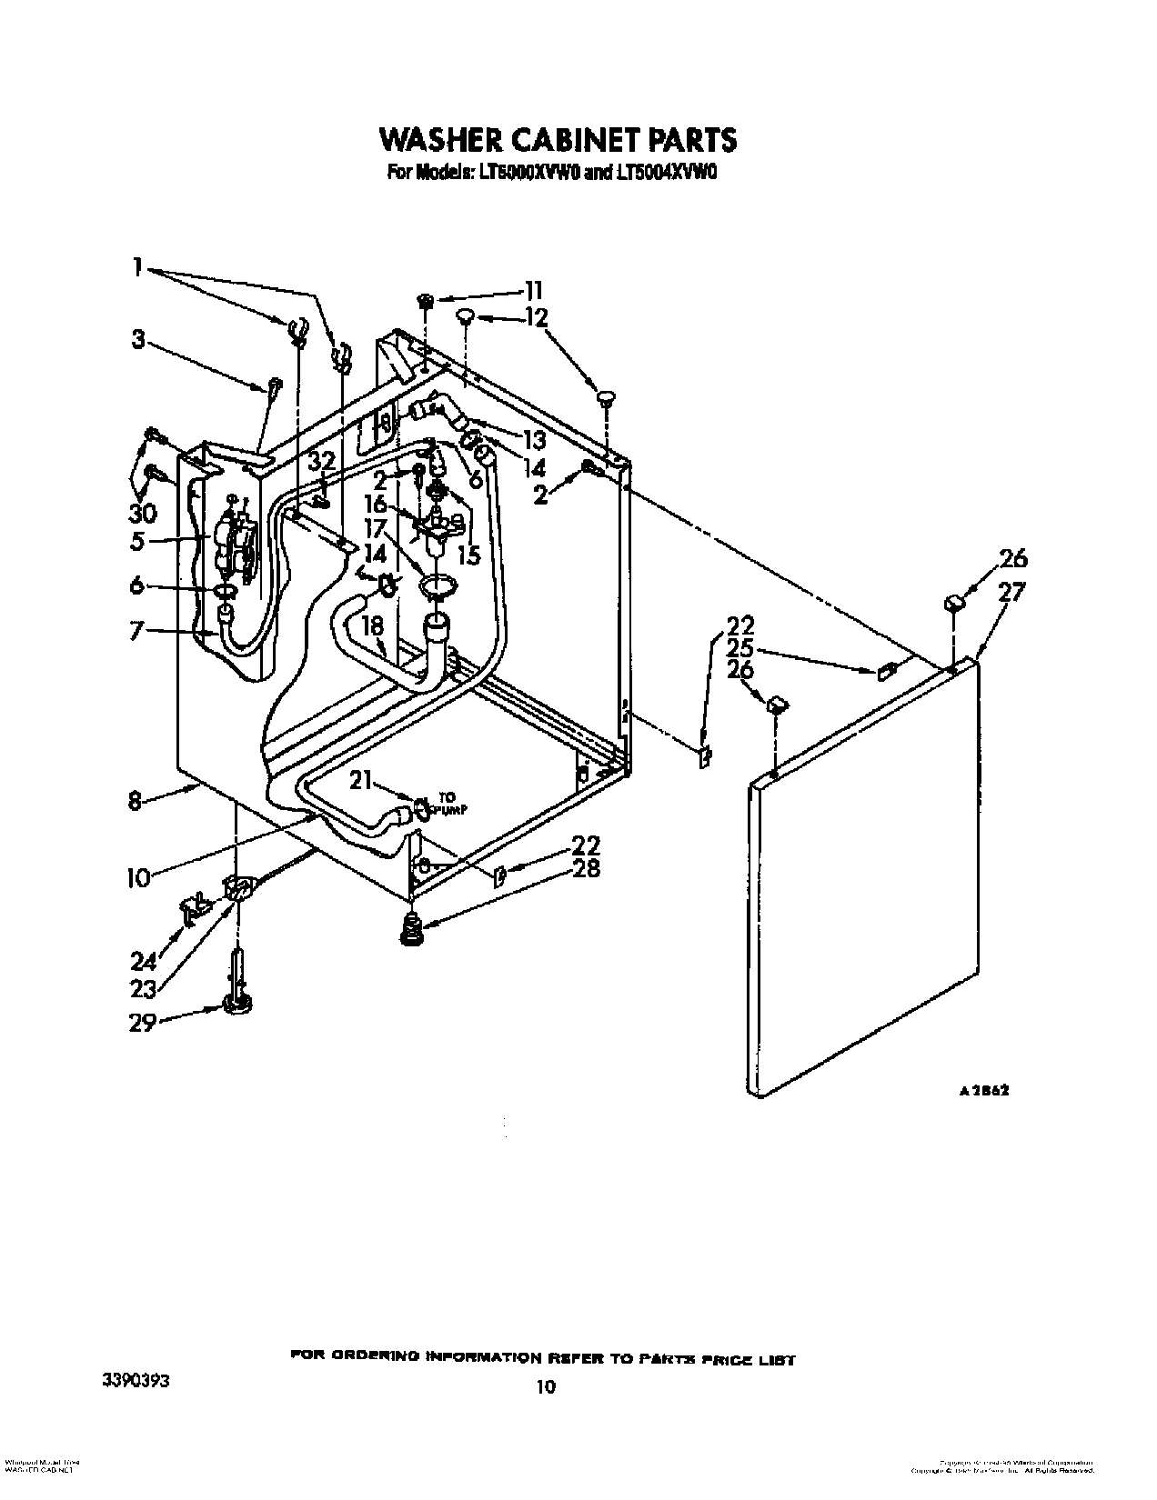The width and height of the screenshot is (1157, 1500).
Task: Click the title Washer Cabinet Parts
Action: [x=558, y=139]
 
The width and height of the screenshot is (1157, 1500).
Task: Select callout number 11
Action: [x=533, y=290]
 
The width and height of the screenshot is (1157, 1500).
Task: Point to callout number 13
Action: [x=534, y=440]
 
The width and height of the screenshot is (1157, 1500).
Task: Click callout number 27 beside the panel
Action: [x=1011, y=592]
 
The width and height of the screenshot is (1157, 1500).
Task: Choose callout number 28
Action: [x=587, y=868]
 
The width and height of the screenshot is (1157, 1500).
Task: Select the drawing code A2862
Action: [x=984, y=1092]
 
